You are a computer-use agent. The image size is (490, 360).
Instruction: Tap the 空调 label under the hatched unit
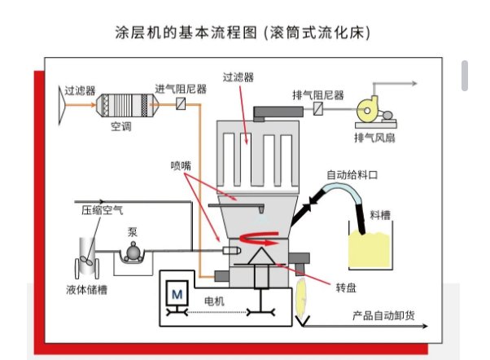coord(121,127)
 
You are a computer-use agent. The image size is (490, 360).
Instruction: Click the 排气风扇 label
coord(374,136)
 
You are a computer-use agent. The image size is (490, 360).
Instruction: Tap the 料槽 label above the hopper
coord(379,215)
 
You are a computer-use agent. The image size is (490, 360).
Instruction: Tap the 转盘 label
coord(345,288)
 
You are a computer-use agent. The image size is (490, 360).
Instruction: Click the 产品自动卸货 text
coord(380,315)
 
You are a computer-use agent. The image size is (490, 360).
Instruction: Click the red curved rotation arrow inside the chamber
coord(265,237)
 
